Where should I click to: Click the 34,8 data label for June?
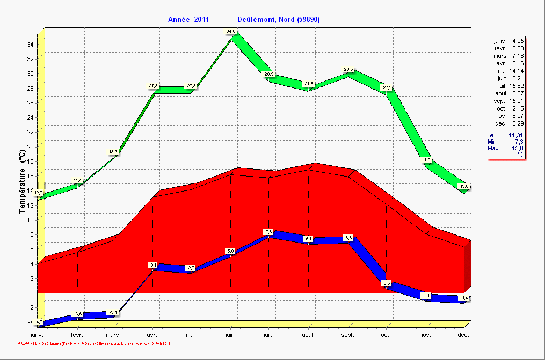click(231, 32)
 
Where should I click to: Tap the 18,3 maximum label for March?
click(113, 152)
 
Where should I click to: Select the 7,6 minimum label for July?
click(269, 232)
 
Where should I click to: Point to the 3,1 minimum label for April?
click(153, 265)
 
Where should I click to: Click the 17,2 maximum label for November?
click(427, 160)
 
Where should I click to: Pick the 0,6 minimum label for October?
click(387, 283)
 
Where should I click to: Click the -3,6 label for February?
click(78, 314)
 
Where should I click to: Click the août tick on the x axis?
click(308, 334)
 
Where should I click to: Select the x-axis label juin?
click(230, 334)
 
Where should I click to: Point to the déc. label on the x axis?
click(463, 334)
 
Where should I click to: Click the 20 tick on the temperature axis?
click(30, 146)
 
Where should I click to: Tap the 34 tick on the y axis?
click(30, 45)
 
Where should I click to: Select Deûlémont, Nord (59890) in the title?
click(279, 19)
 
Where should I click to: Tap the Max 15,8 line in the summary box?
click(505, 148)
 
